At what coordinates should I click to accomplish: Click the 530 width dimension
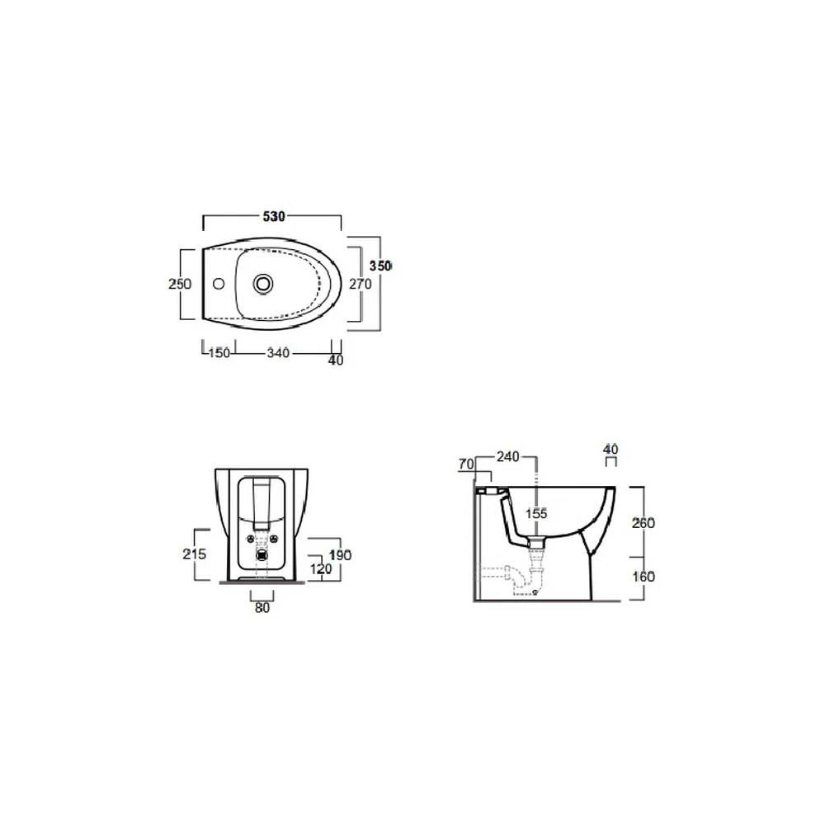[x=274, y=216]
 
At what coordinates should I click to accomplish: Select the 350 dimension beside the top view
[x=379, y=266]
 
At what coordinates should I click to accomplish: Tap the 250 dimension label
[x=179, y=284]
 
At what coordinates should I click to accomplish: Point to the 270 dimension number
[x=361, y=284]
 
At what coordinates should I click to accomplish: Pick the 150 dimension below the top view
[x=219, y=352]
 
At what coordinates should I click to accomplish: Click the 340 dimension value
[x=278, y=352]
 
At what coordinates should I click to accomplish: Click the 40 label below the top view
[x=336, y=360]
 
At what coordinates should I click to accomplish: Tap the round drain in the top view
[x=263, y=284]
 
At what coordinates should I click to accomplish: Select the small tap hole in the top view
[x=219, y=284]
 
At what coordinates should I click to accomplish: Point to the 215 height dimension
[x=194, y=554]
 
